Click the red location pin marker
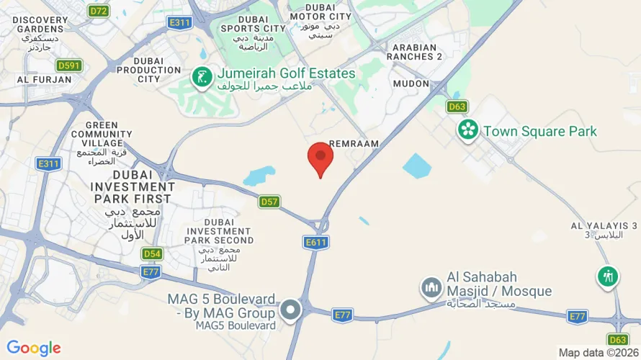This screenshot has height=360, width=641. pos(320,158)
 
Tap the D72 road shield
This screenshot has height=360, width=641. pos(99,11)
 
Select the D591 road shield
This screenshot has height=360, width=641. pos(70,66)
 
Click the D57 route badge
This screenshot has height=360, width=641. pos(269,202)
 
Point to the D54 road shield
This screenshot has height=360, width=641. pos(152,253)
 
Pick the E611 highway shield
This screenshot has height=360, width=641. pos(315,243)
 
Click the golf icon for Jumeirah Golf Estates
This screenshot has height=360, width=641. pos(201,75)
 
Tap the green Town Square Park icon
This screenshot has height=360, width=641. pos(469,130)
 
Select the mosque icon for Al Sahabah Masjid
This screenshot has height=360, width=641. pos(431,288)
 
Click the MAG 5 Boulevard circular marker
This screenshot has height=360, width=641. pos(290,310)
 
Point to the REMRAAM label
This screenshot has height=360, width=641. pos(354,144)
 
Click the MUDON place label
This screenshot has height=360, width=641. pos(411,84)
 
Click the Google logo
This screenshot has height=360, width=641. pos(34,348)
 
